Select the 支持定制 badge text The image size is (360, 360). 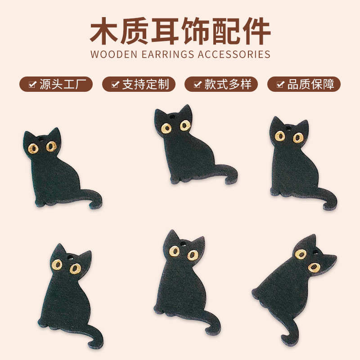click(145, 84)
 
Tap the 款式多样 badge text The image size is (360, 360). click(228, 84)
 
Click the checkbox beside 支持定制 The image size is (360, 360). click(115, 84)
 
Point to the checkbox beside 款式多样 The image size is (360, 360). click(198, 84)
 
